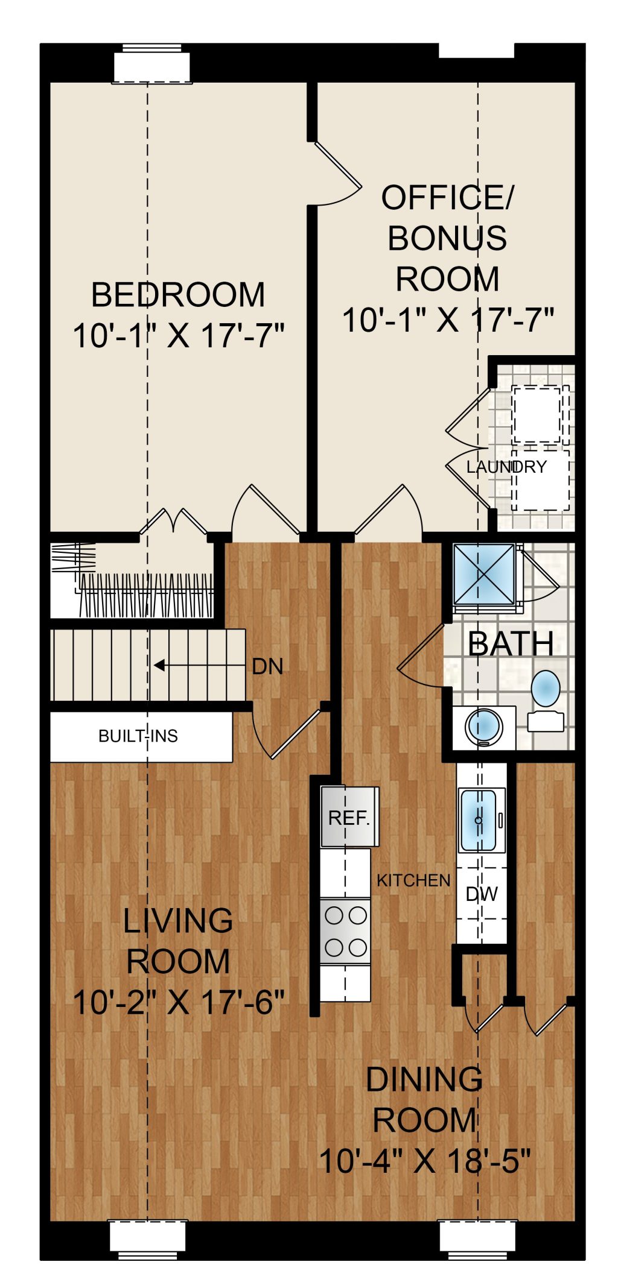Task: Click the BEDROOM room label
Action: click(178, 295)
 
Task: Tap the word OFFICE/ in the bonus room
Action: click(447, 198)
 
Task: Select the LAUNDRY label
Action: click(506, 467)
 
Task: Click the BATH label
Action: click(511, 643)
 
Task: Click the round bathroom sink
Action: click(483, 727)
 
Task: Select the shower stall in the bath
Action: click(485, 575)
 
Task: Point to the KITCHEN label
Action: click(413, 880)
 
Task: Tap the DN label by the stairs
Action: click(267, 666)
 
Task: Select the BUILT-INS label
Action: click(138, 736)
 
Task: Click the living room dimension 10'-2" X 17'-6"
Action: click(178, 1003)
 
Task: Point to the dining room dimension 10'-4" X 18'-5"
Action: click(424, 1161)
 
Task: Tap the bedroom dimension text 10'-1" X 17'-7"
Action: click(178, 335)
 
